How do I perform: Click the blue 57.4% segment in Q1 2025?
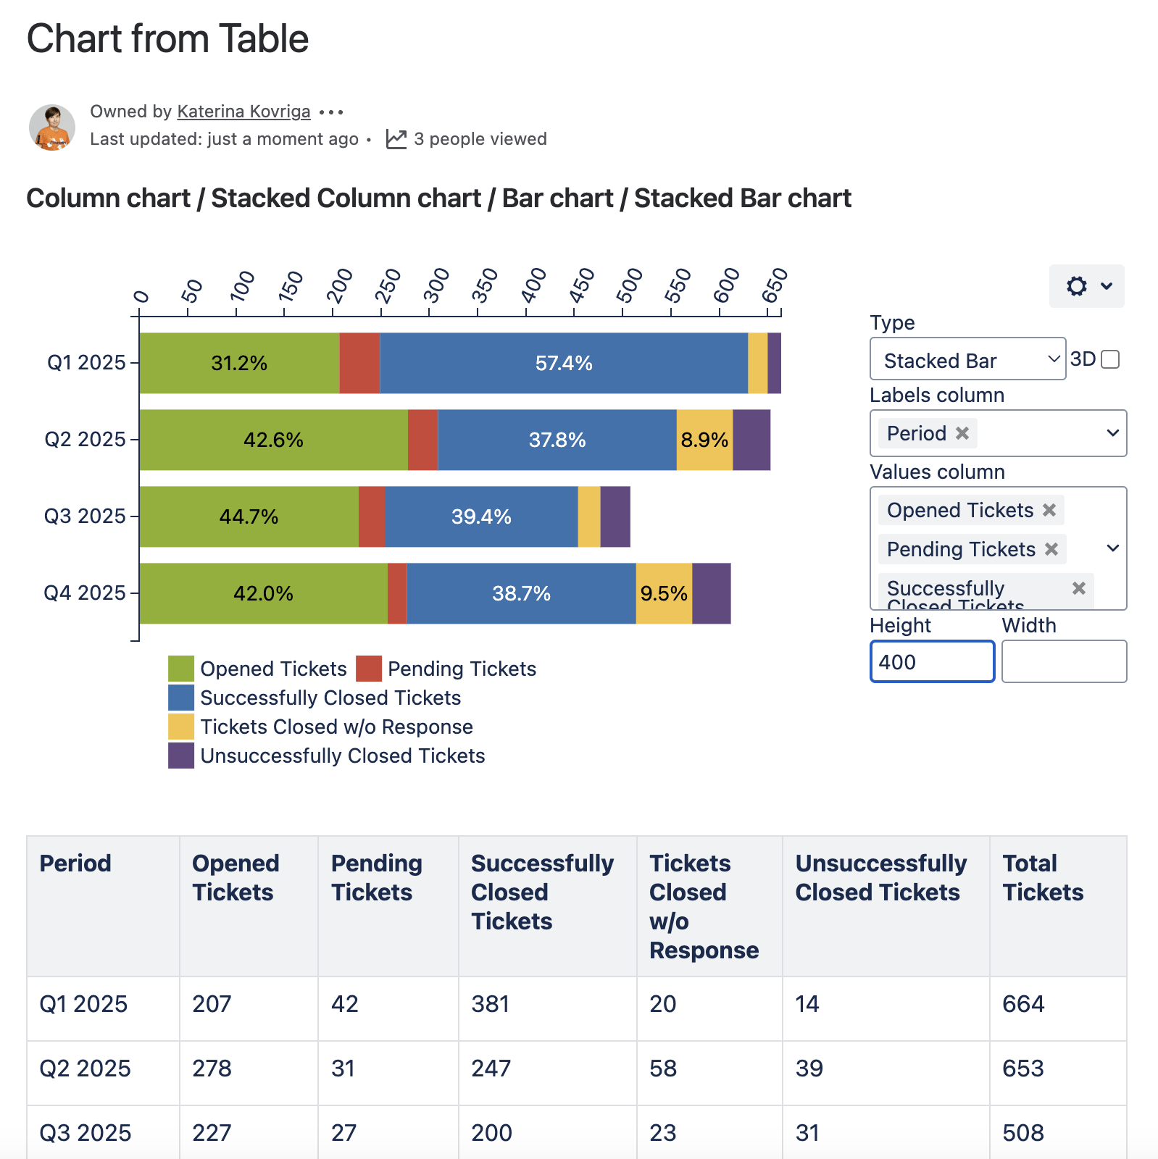point(563,363)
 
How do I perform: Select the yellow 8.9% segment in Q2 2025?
point(704,440)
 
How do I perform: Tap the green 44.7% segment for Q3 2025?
point(249,516)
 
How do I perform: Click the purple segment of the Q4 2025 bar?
point(711,593)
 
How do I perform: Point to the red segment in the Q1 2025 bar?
point(359,363)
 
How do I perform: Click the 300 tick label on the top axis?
point(436,285)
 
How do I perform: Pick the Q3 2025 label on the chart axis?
point(85,516)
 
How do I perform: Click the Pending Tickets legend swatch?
point(369,669)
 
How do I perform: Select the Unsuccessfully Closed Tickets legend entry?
point(342,756)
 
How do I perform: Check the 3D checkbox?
point(1109,359)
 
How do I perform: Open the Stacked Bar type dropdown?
point(967,359)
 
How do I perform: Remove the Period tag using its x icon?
point(962,433)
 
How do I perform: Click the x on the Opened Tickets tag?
point(1049,510)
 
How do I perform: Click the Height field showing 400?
point(931,661)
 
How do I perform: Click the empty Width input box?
point(1063,661)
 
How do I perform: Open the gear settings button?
point(1086,286)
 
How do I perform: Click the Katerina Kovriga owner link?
point(243,112)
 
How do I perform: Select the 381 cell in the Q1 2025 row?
point(491,1004)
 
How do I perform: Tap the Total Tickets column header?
point(1043,878)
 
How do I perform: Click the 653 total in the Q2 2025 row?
point(1022,1068)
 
